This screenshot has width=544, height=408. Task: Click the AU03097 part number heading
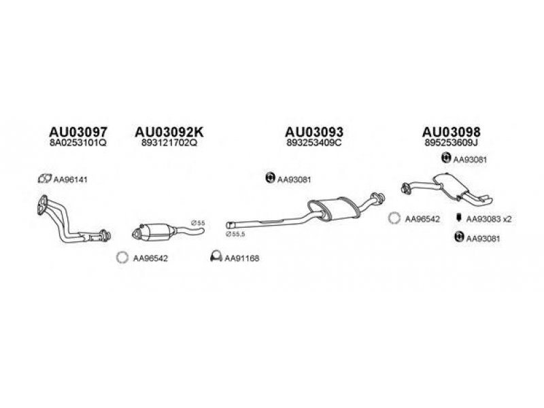point(78,132)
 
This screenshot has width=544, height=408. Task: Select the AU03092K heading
point(169,132)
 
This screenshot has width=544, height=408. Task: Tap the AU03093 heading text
point(314,132)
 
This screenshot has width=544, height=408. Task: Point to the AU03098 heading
point(451,132)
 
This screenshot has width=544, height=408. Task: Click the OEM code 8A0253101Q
point(78,143)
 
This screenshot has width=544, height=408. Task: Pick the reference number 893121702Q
point(169,143)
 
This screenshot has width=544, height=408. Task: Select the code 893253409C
point(314,143)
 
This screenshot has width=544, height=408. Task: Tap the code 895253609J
point(451,143)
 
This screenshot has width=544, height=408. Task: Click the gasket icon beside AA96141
point(44,179)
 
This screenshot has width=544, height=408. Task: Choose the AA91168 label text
point(242,258)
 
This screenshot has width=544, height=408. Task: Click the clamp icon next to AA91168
point(216,256)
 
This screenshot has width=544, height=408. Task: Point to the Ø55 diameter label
point(198,223)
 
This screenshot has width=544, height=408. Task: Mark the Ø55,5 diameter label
point(235,234)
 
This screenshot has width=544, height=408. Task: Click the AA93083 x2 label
point(489,219)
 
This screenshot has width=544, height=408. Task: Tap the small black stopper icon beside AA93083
point(458,218)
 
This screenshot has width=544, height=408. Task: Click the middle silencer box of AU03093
point(333,209)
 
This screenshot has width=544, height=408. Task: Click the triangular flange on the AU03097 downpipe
point(42,205)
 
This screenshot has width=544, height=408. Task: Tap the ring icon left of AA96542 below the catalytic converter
point(122,258)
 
